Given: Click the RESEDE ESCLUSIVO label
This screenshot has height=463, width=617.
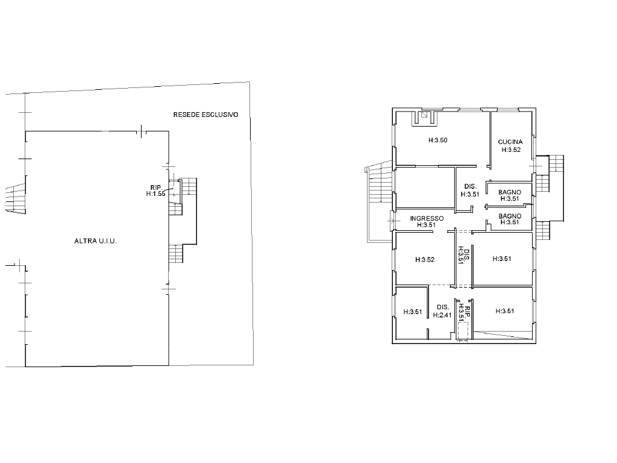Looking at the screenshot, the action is tap(206, 115).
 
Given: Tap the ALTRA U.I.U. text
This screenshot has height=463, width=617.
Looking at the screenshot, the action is tap(96, 241).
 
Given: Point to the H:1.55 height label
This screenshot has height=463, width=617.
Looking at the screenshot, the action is tap(156, 194).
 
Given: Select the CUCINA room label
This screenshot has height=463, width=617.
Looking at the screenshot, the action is tap(510, 142).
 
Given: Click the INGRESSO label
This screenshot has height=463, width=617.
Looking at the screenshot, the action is tap(427, 218).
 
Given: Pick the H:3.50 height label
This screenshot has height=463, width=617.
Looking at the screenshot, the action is tap(438, 140).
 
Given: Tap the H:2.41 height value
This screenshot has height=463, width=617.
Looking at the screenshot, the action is tap(442, 315).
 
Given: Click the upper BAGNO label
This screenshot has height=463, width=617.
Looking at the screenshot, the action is tap(510, 192).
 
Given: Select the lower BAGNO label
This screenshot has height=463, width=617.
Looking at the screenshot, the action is tap(510, 216).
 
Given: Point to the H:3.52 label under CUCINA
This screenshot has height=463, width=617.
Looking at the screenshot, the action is tap(511, 150).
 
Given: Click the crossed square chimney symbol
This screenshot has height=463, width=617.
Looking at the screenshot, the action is tap(424, 115).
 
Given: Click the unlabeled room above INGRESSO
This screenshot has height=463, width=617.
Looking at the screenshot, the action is tap(425, 187).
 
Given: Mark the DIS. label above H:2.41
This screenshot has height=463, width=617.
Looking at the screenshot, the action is tap(443, 307).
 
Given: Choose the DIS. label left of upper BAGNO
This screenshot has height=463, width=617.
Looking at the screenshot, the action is tap(470, 187).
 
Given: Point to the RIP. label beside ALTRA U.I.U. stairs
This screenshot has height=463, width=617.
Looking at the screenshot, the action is tap(156, 188).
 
